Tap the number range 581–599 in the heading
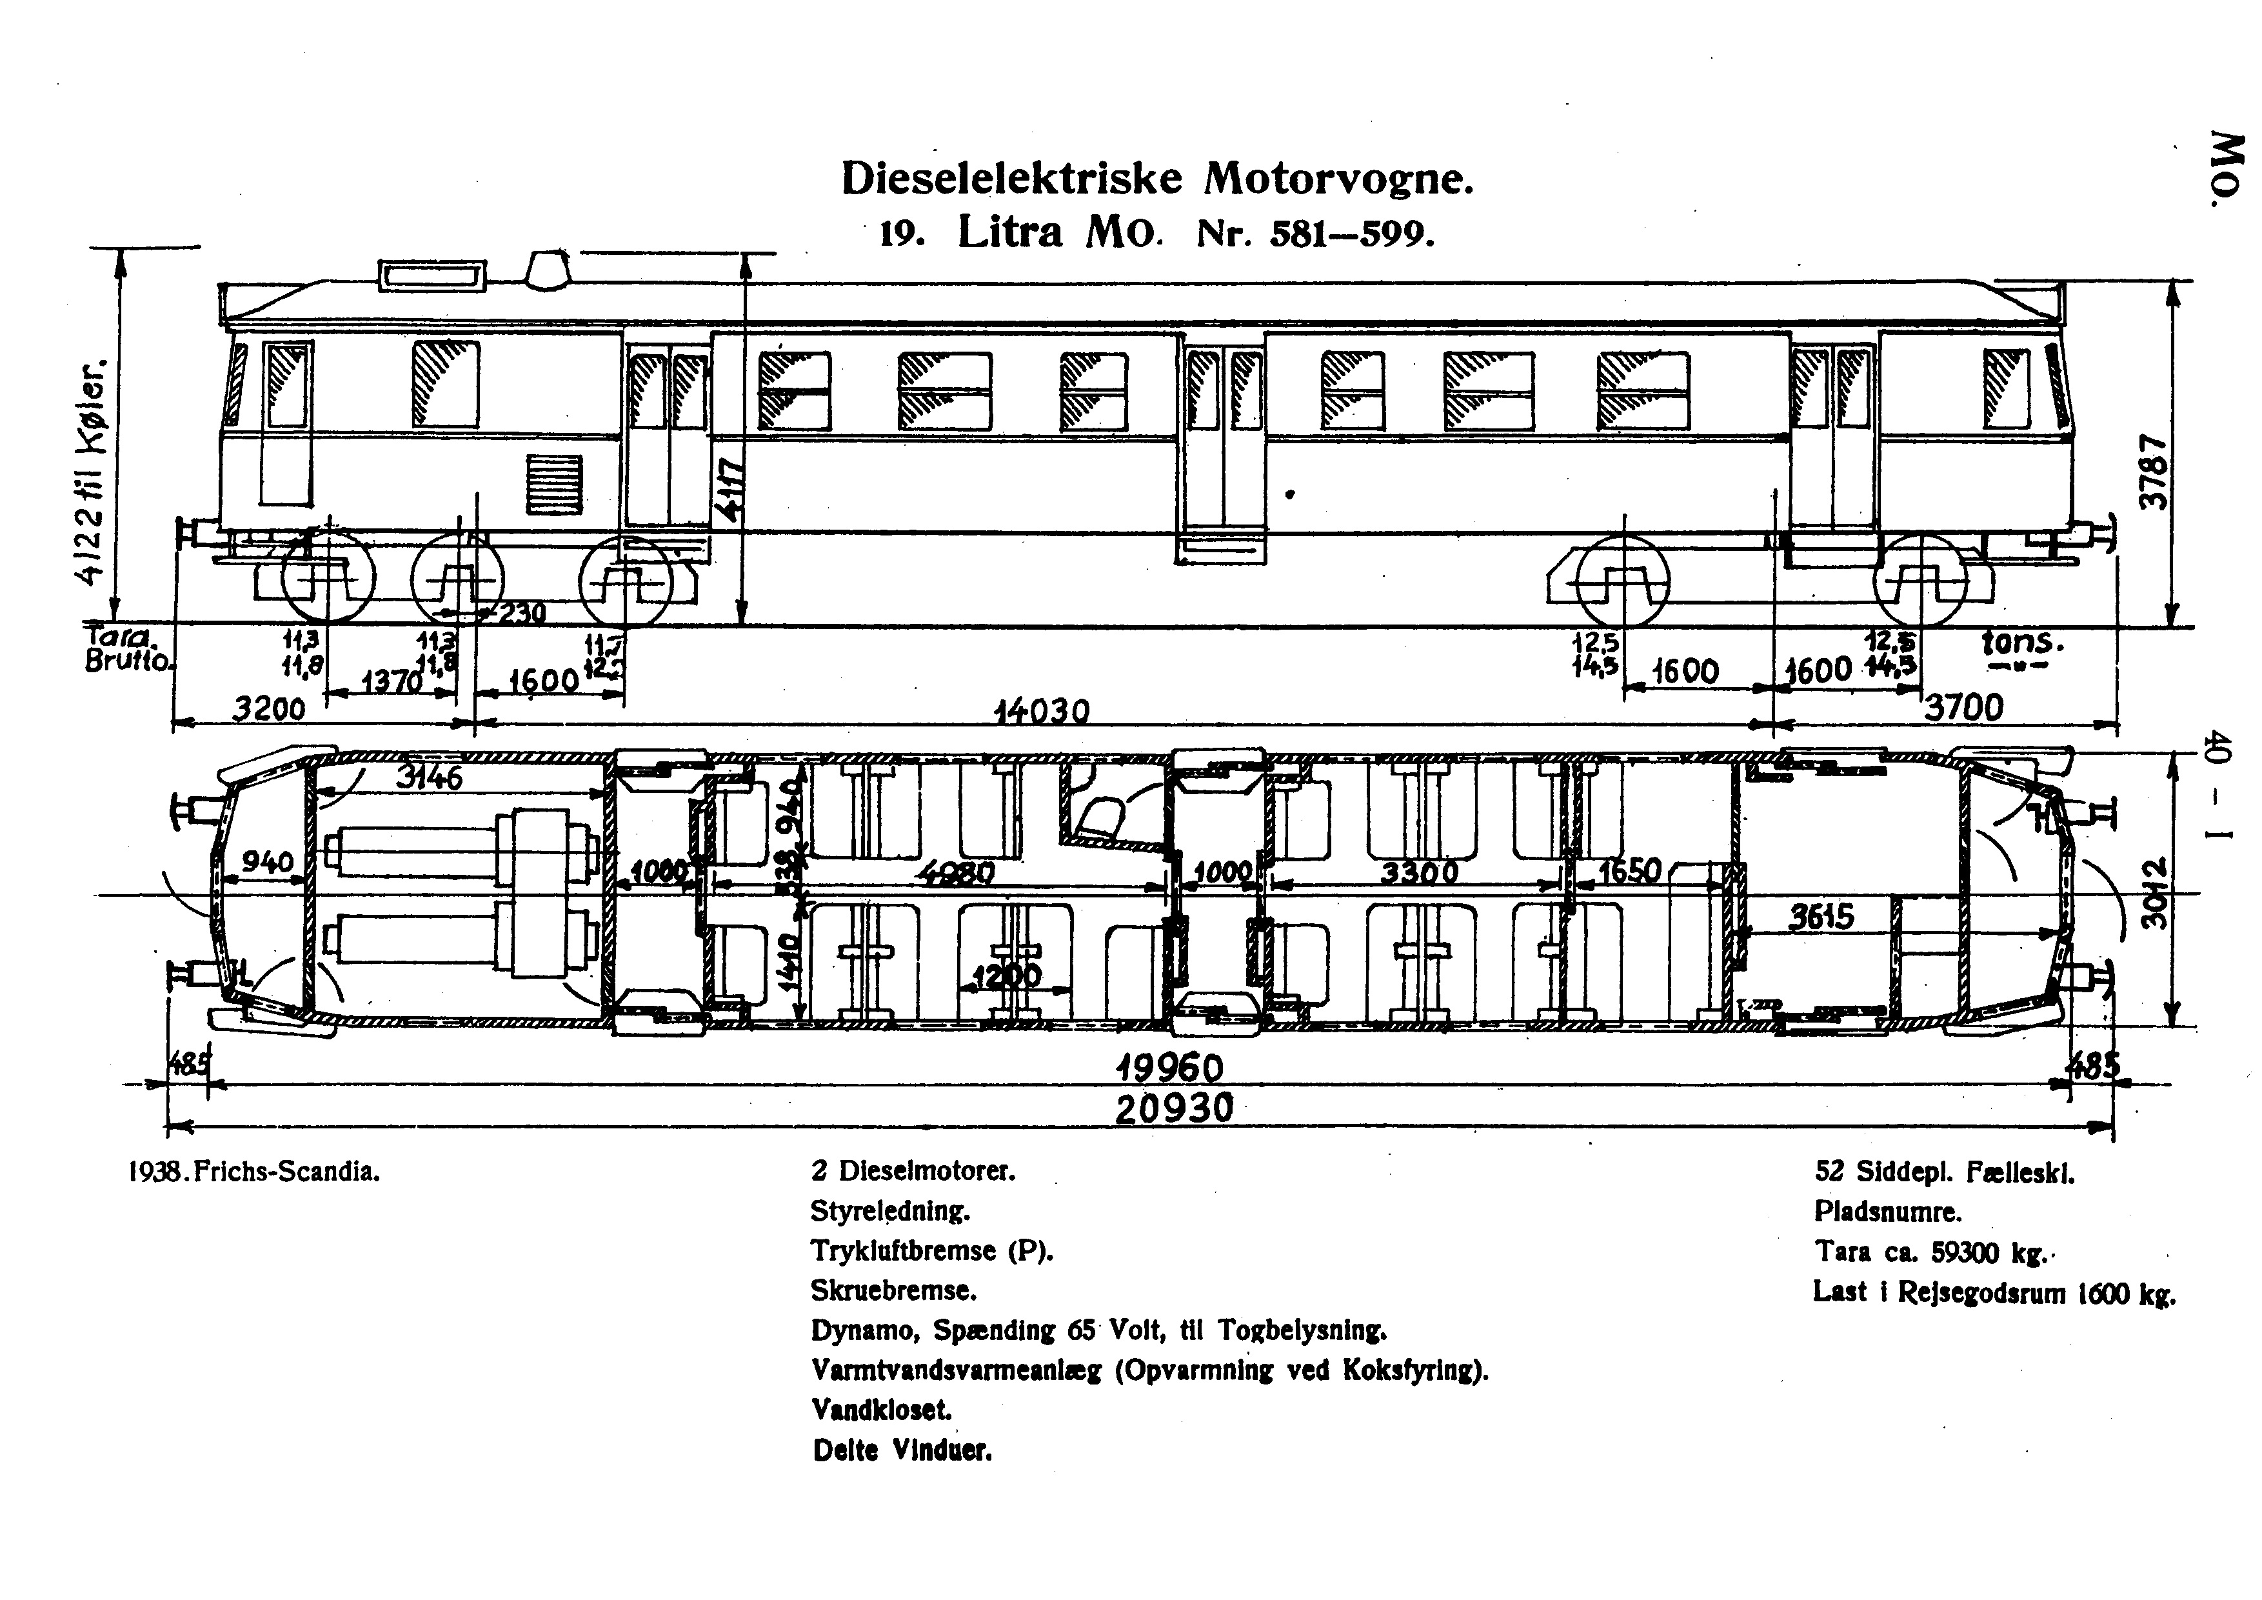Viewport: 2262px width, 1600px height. pyautogui.click(x=1352, y=234)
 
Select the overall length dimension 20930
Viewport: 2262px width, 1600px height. pyautogui.click(x=1173, y=1108)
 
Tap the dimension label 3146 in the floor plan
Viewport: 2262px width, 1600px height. pyautogui.click(x=428, y=778)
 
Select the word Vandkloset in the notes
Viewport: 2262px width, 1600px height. pyautogui.click(x=882, y=1410)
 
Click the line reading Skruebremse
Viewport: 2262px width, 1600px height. pyautogui.click(x=893, y=1290)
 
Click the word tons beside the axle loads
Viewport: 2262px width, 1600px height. pyautogui.click(x=2021, y=643)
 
